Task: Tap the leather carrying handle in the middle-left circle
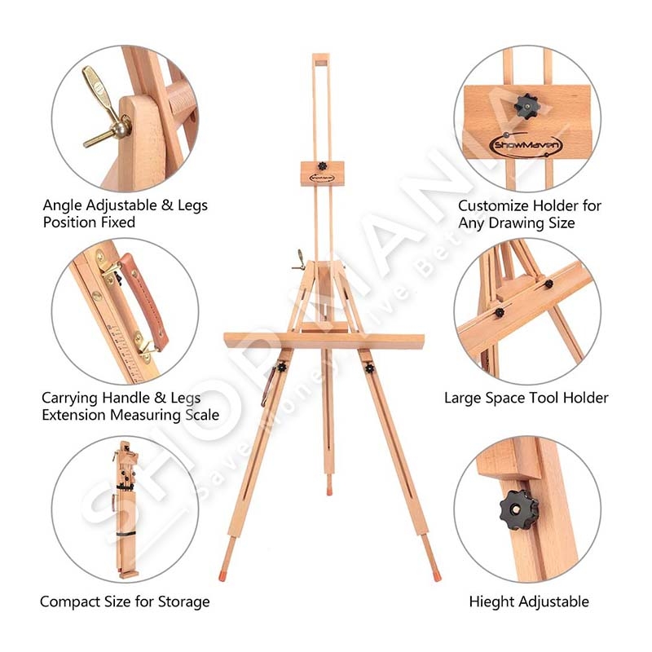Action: pos(144,300)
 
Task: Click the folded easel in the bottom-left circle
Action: pos(125,509)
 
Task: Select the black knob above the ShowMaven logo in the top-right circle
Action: pos(526,106)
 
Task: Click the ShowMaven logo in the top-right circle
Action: pos(526,145)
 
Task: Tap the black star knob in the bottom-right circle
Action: pos(518,509)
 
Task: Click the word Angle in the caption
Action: pos(63,205)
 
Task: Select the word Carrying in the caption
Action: pos(69,399)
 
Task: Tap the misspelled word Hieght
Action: pos(492,602)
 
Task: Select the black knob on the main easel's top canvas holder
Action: pos(322,166)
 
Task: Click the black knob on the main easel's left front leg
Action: pos(282,368)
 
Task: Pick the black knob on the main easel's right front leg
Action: pos(369,368)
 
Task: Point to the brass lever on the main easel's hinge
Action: pos(298,261)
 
